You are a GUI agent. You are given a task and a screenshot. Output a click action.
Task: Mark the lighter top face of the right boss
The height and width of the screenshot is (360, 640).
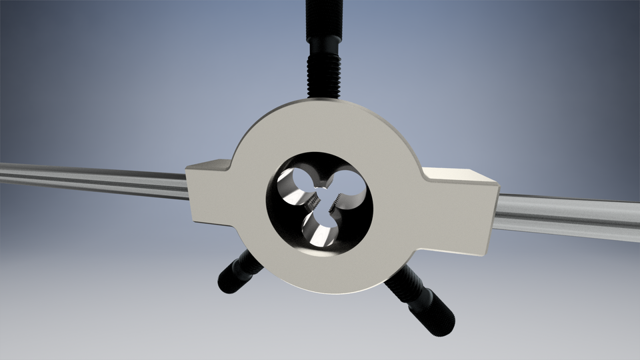pyautogui.click(x=460, y=175)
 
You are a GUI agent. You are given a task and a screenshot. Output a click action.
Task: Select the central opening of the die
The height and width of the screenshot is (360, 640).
pyautogui.click(x=323, y=199)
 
